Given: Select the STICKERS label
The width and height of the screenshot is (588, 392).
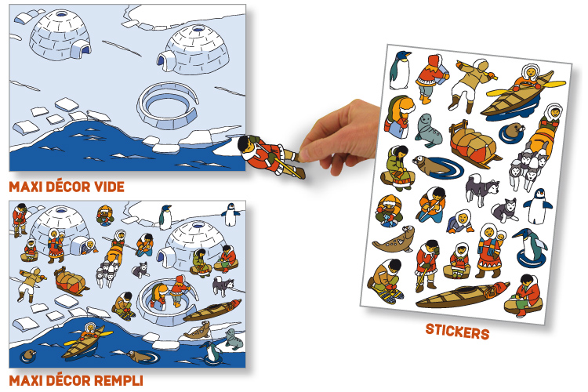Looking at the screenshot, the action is (x=458, y=332).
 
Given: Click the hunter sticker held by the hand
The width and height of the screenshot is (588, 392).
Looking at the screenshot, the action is (x=271, y=157).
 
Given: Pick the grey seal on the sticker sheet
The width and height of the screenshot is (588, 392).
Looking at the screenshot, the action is (x=428, y=131).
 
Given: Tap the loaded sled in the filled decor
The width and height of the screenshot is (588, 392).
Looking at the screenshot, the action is (x=70, y=281).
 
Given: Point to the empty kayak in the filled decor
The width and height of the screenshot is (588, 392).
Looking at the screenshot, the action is (x=212, y=310).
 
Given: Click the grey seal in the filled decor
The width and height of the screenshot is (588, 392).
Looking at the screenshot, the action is (x=234, y=339).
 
